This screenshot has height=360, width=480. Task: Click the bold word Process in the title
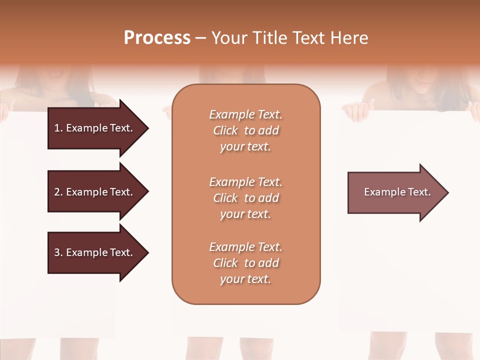tap(157, 38)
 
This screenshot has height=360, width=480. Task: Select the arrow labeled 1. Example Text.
tap(95, 128)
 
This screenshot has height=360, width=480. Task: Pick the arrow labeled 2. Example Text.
tap(95, 192)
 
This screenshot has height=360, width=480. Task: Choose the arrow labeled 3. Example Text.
tap(95, 252)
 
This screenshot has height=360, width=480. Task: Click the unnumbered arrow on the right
tap(395, 192)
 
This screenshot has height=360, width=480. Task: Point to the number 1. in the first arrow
tap(58, 128)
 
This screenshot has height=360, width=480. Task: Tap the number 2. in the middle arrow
tap(58, 192)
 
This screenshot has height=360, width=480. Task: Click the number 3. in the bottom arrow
tap(58, 252)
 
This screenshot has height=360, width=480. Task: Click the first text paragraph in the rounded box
tap(246, 130)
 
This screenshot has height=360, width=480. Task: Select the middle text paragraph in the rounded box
tap(246, 198)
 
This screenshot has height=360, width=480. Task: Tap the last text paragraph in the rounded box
tap(246, 263)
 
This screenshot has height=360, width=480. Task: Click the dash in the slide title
tap(200, 38)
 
